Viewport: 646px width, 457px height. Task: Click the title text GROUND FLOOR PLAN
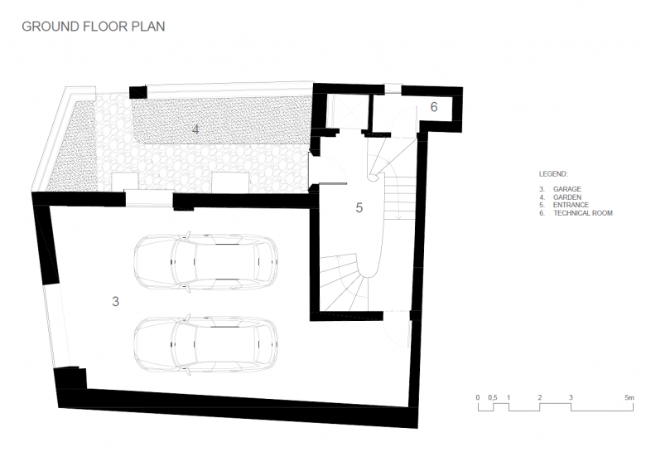(x=94, y=27)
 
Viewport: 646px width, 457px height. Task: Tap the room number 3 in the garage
(x=115, y=302)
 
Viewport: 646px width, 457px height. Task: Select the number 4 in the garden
(x=195, y=129)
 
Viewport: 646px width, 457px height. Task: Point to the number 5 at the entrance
(x=359, y=207)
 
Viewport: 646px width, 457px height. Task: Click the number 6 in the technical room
(x=434, y=107)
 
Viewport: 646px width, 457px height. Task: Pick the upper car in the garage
(x=205, y=262)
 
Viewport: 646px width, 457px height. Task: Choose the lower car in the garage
(x=205, y=344)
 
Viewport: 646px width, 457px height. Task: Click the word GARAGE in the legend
(x=566, y=189)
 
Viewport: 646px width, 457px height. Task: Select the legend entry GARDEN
(x=566, y=197)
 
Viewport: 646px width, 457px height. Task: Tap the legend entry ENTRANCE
(x=571, y=205)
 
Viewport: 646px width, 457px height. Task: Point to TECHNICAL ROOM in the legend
(x=583, y=213)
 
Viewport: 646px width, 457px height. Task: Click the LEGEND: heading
(x=553, y=174)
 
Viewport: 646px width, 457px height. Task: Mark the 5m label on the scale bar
(x=629, y=397)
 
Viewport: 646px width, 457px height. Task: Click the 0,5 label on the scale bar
(x=493, y=397)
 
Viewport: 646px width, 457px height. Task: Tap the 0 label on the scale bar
(x=478, y=397)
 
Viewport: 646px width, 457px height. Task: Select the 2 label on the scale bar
(x=540, y=397)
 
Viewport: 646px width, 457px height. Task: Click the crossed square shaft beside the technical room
(x=347, y=109)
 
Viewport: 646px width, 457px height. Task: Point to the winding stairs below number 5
(x=344, y=283)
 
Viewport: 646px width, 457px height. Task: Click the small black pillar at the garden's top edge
(x=138, y=92)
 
